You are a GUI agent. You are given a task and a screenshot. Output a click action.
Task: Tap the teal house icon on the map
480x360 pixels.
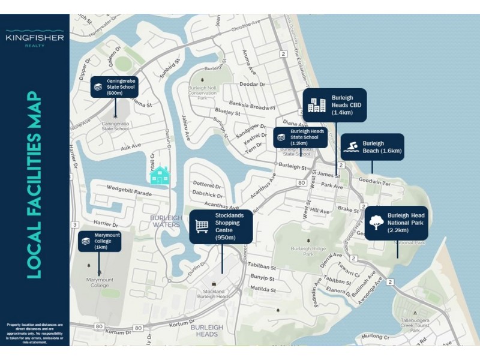coord(160,175)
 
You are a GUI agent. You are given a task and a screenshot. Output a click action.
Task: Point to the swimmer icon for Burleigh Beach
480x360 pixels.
coord(351,147)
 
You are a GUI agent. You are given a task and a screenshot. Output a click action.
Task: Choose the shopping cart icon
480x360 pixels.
coord(202,226)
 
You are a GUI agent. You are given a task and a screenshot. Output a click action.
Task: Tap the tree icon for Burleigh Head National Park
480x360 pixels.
coord(377,223)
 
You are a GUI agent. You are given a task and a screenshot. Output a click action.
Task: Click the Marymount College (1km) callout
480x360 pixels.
coord(100,241)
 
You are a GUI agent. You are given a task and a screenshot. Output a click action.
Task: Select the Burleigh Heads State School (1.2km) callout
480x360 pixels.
coord(301,138)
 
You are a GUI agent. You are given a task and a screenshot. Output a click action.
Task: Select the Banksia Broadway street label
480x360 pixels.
coord(254,107)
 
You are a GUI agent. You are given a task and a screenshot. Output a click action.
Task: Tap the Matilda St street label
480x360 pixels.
coord(262,289)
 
